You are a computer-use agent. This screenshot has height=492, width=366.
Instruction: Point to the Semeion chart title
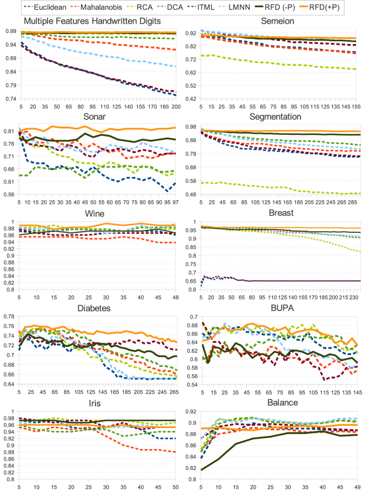click(x=279, y=21)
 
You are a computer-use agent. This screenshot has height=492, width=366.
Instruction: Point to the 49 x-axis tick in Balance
click(x=358, y=488)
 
